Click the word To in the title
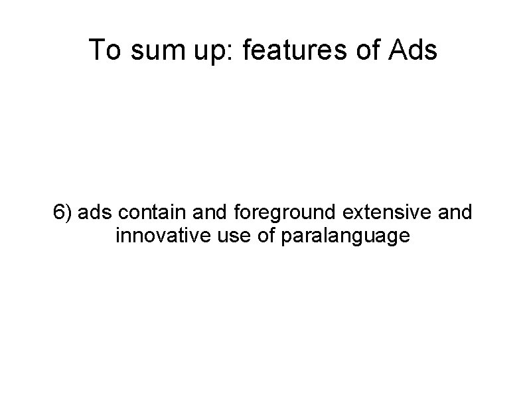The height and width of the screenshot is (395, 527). click(x=102, y=50)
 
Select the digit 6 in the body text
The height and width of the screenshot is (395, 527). click(x=60, y=213)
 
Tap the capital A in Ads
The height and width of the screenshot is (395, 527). click(x=393, y=50)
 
